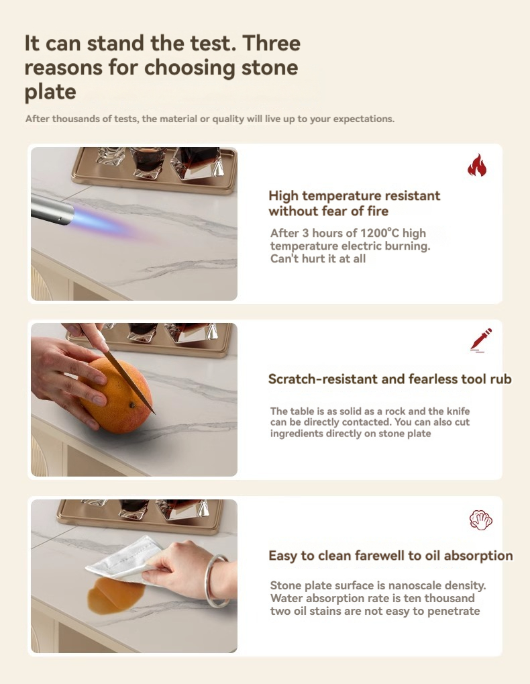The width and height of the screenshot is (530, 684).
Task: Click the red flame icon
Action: tap(477, 165)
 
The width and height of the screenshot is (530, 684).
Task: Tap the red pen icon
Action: tap(481, 340)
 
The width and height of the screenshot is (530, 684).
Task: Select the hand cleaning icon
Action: tap(481, 520)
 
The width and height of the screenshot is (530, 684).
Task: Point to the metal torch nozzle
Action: tap(52, 209)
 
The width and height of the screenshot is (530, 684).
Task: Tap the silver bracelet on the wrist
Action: tap(217, 580)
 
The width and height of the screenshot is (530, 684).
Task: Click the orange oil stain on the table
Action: tap(115, 594)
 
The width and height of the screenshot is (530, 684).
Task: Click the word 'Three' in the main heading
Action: tap(271, 43)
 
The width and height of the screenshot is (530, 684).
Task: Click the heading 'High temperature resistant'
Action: tap(354, 196)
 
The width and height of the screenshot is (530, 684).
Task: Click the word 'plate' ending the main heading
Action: tap(50, 92)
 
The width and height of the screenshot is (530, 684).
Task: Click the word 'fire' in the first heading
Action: tap(377, 211)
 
